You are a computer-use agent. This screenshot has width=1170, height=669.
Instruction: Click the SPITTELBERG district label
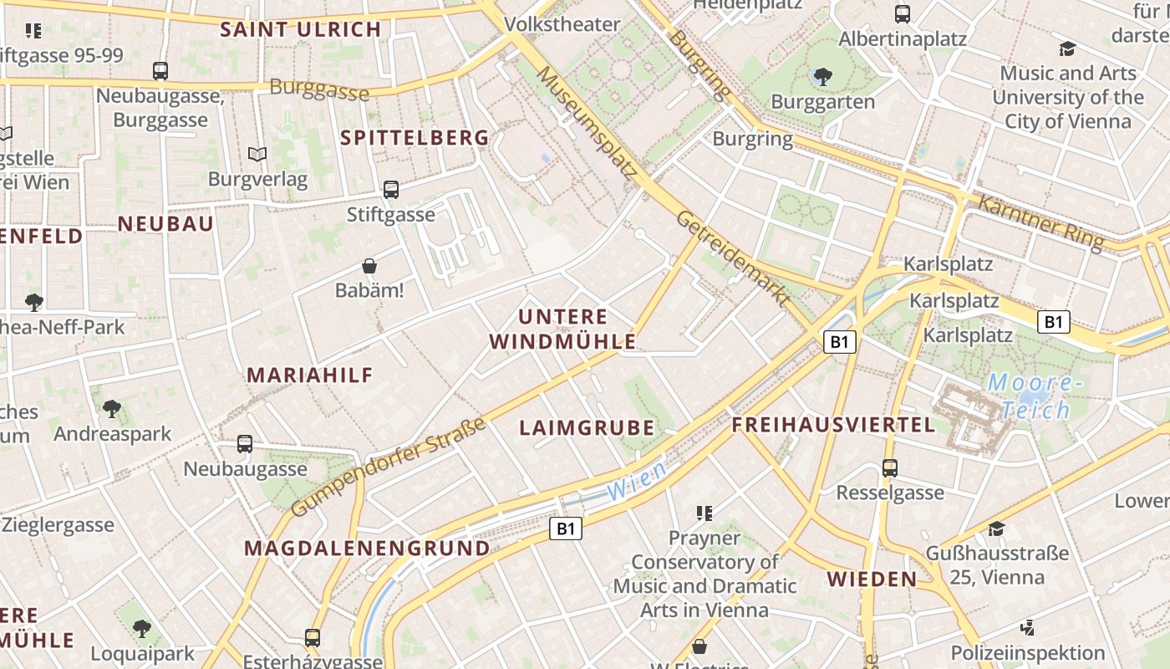point(415,138)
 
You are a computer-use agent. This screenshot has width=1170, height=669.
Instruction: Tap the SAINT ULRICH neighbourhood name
point(300,29)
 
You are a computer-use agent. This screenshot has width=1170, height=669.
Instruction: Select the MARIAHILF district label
point(310,375)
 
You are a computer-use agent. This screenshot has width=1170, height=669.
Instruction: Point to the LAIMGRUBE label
point(587,428)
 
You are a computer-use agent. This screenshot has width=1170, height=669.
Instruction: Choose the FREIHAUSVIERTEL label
point(833,425)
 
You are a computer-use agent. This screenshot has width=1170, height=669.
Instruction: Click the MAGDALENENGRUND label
point(367,549)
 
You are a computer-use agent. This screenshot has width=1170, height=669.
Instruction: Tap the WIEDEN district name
point(872,579)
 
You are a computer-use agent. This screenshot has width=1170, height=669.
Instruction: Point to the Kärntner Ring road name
point(1040,222)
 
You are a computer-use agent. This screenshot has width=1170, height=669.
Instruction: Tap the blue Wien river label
point(637,483)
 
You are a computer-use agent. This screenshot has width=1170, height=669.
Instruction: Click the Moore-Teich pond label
point(1035,396)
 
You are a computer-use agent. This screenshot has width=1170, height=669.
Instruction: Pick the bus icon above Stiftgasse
point(391,190)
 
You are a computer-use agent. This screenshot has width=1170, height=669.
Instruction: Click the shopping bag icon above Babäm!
point(369,267)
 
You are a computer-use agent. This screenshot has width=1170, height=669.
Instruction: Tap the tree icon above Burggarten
point(822,78)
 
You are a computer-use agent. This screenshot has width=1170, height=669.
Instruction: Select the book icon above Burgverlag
point(257,155)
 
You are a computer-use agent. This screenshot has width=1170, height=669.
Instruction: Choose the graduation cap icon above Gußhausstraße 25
point(996,529)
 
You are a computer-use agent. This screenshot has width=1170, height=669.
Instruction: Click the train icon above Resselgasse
point(890,468)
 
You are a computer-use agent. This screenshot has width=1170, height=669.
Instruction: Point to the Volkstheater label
point(563,24)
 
